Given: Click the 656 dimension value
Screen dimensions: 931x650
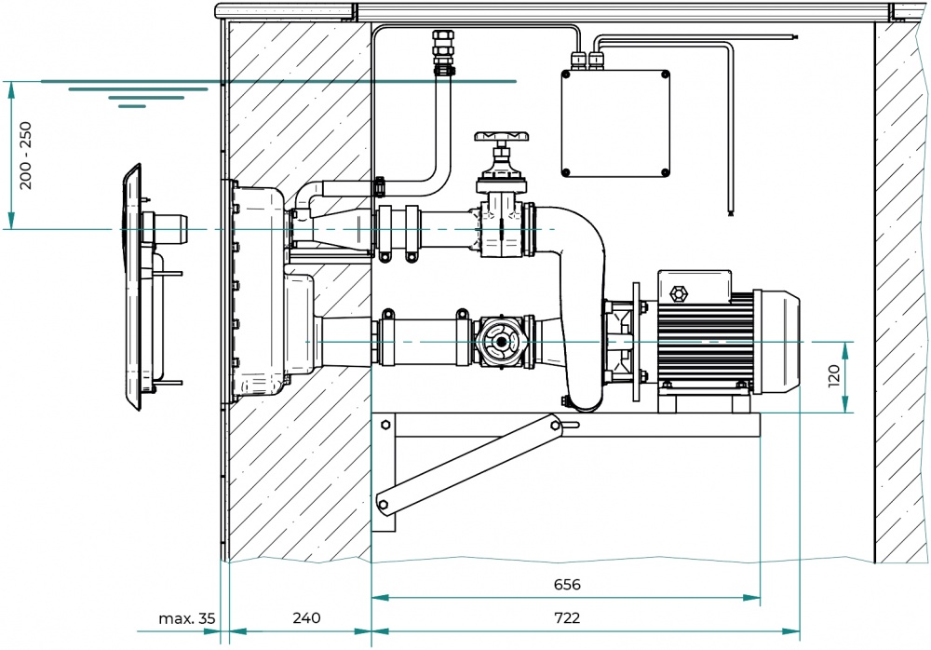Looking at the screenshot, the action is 567,584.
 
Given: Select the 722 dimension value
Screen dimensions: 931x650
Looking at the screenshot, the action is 567,617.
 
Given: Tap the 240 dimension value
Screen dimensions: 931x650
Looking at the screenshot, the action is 306,617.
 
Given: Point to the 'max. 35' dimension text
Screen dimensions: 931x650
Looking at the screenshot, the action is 186,618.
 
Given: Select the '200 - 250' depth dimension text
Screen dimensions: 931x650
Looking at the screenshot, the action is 25,156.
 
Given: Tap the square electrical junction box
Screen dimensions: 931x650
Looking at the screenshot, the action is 615,124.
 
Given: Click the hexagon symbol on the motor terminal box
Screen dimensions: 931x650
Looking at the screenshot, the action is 676,293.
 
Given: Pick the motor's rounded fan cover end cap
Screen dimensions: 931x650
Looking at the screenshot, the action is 777,343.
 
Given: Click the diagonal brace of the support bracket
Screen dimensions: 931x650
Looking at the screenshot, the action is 469,464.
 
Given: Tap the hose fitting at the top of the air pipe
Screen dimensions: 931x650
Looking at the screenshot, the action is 442,52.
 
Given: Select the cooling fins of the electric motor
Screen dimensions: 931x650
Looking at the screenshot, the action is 705,343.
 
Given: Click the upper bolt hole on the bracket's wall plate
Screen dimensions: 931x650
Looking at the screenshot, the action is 385,425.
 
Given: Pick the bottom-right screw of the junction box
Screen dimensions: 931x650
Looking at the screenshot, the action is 665,172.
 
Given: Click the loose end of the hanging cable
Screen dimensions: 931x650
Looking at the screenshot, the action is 730,212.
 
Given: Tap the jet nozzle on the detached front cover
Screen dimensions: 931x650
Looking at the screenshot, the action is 170,229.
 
